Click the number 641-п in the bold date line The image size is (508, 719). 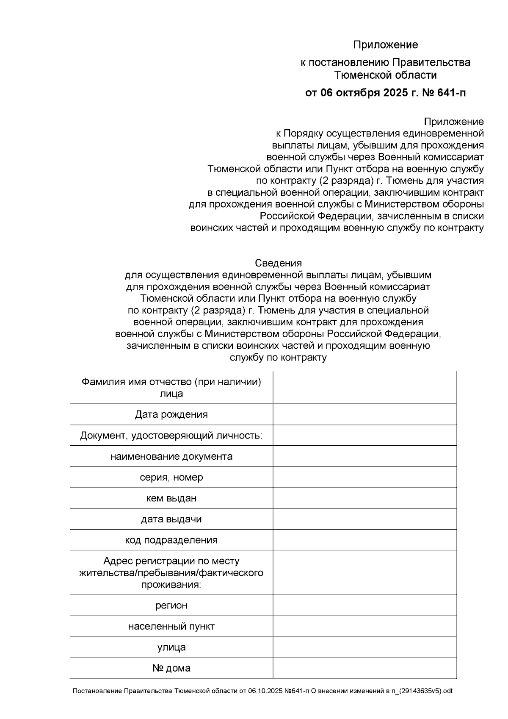[x=450, y=93]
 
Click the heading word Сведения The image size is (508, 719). [x=278, y=263]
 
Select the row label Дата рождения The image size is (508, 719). [x=171, y=414]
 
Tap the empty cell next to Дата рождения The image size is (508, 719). [x=364, y=414]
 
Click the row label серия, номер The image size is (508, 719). [x=171, y=477]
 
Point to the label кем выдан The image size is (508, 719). [x=171, y=498]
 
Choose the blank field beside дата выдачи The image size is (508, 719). [x=364, y=519]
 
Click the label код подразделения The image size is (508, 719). [x=171, y=540]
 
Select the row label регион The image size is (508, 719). [x=171, y=605]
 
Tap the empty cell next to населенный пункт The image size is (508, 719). [x=364, y=626]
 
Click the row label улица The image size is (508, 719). [x=171, y=647]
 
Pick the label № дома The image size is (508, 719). [x=171, y=668]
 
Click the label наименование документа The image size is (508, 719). [x=171, y=457]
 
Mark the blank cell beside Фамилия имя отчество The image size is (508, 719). [x=364, y=387]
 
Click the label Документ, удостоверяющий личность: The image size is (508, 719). [x=171, y=436]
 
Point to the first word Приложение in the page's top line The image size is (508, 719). [x=385, y=45]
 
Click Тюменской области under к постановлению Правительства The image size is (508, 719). [x=385, y=75]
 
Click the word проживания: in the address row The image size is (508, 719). [x=171, y=585]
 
